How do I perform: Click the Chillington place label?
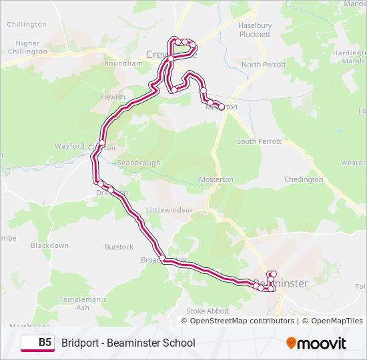(27, 25)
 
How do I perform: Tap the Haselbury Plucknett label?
(254, 30)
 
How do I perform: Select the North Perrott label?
(264, 65)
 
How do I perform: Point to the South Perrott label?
(259, 141)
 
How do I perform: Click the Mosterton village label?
(216, 179)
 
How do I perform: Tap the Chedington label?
(304, 179)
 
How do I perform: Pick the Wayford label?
(69, 146)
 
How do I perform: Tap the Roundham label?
(123, 63)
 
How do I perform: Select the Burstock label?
(119, 247)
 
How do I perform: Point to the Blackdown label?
(49, 245)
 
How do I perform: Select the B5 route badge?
(38, 343)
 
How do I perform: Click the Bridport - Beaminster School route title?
(128, 343)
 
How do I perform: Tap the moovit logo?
(316, 343)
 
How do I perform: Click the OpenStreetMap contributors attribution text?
(242, 321)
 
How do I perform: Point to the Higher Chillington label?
(27, 47)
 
